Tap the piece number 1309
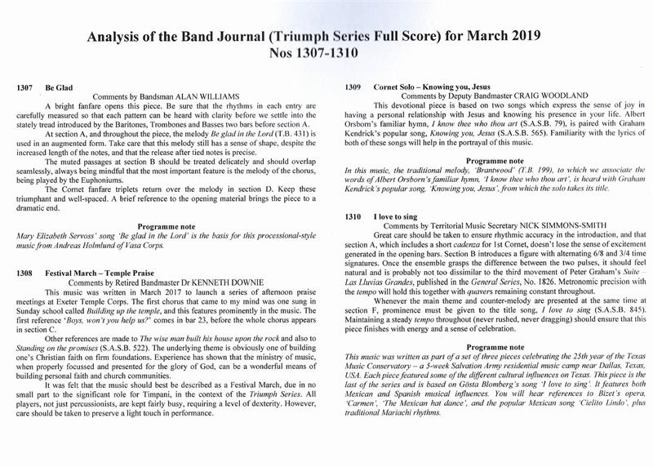(353, 85)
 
